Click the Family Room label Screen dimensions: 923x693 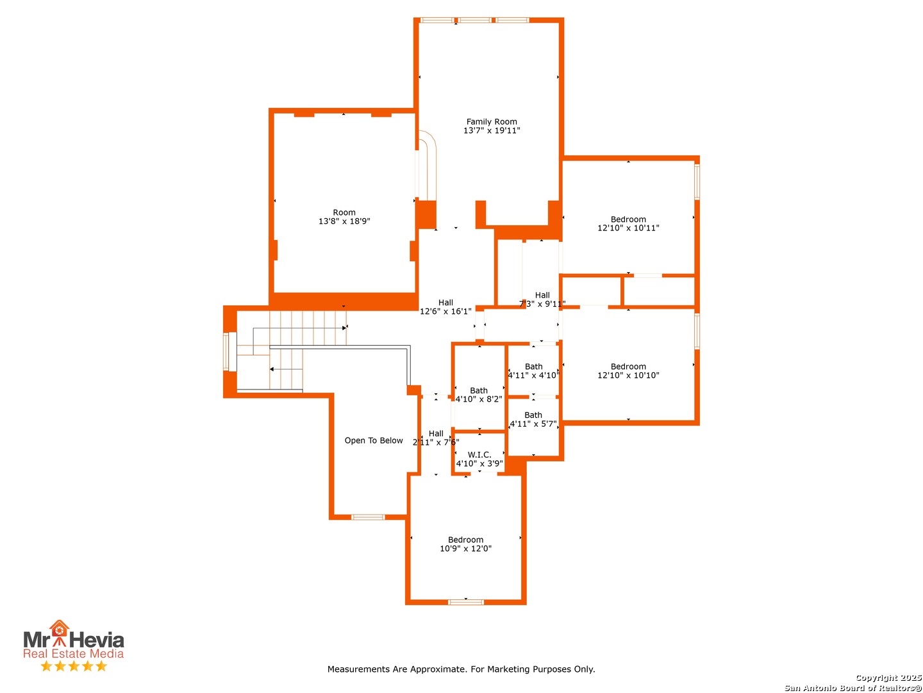pos(492,122)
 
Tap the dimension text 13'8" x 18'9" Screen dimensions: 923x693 pos(344,221)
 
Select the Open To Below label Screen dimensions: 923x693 pos(374,440)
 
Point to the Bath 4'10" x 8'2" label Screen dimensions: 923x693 pos(479,394)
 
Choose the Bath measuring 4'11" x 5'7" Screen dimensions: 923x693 pos(533,419)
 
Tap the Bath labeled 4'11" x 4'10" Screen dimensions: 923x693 pos(534,371)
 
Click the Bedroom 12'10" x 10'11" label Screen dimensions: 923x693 pos(628,223)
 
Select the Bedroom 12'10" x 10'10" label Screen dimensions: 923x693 pos(628,371)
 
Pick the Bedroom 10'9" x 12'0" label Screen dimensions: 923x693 pos(465,544)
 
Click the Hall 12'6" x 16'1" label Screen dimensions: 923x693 pos(445,307)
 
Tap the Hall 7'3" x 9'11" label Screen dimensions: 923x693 pos(542,299)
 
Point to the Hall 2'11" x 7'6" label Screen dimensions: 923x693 pos(436,438)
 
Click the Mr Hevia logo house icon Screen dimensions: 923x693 pos(59,629)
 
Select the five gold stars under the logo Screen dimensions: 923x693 pos(74,666)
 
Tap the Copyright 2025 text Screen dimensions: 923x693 pos(888,678)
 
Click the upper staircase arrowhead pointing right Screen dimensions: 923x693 pos(344,328)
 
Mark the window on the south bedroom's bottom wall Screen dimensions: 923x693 pos(465,603)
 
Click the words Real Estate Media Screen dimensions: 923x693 pos(74,653)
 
